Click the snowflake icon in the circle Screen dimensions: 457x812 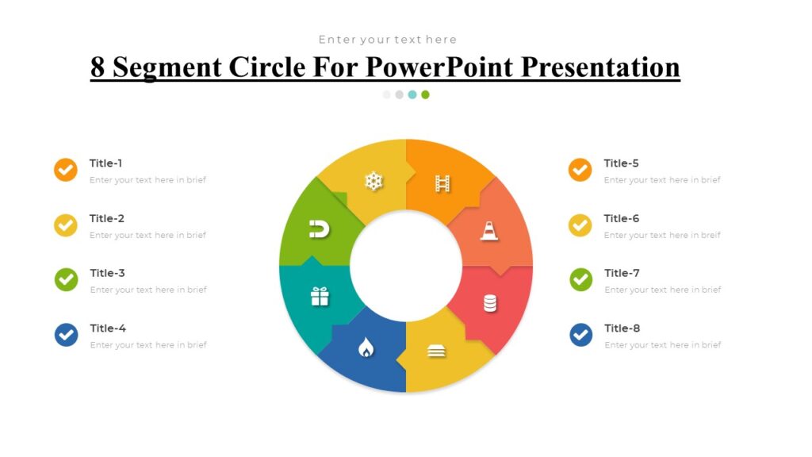pyautogui.click(x=373, y=182)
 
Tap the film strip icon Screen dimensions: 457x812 pyautogui.click(x=442, y=184)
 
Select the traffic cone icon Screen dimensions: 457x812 pyautogui.click(x=489, y=231)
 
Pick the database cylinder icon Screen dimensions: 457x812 pyautogui.click(x=490, y=303)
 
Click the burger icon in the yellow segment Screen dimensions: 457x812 pyautogui.click(x=437, y=351)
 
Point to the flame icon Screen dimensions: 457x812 pyautogui.click(x=366, y=348)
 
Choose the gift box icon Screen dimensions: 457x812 pyautogui.click(x=320, y=297)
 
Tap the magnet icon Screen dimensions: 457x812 pyautogui.click(x=319, y=230)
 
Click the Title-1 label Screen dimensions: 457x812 pyautogui.click(x=105, y=163)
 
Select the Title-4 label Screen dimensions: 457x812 pyautogui.click(x=108, y=328)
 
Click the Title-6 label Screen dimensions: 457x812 pyautogui.click(x=621, y=218)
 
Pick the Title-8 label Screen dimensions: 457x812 pyautogui.click(x=622, y=328)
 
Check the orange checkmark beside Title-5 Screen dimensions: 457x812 pyautogui.click(x=580, y=170)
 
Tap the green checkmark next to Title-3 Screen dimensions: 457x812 pyautogui.click(x=66, y=279)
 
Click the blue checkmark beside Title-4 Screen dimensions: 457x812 pyautogui.click(x=66, y=335)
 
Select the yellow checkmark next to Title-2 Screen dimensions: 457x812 pyautogui.click(x=66, y=225)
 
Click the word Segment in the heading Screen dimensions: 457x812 pyautogui.click(x=167, y=67)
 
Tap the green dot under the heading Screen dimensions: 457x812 pyautogui.click(x=426, y=94)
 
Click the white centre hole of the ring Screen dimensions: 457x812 pyautogui.click(x=406, y=266)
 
